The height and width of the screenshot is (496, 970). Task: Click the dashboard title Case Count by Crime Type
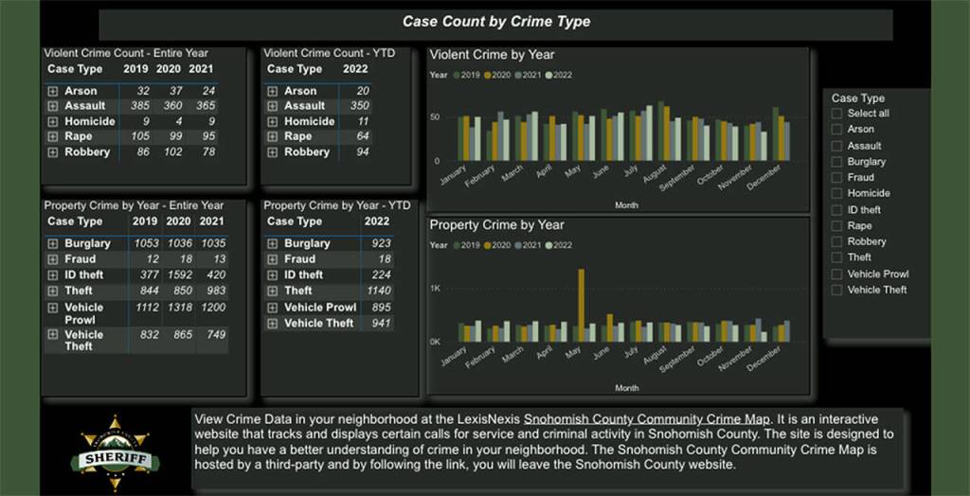(495, 22)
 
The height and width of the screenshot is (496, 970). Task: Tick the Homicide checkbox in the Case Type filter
(836, 193)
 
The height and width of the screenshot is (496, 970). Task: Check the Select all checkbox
(836, 114)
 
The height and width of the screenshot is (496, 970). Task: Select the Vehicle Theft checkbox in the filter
(836, 290)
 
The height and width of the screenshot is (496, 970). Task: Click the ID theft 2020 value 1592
(177, 275)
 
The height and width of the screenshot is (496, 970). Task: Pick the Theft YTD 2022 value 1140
(379, 291)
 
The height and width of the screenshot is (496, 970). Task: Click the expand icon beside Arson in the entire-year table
(53, 91)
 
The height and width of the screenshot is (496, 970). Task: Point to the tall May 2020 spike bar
(581, 303)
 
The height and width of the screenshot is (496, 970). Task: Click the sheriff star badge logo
(115, 453)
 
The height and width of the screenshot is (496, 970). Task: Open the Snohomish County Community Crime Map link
(648, 418)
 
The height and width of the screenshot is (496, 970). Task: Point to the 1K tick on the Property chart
(435, 288)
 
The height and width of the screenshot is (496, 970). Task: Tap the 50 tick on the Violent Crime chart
(435, 116)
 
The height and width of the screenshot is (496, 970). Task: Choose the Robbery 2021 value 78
(208, 151)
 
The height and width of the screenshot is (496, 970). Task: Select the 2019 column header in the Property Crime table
(145, 221)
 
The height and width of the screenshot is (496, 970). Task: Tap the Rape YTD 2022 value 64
(362, 136)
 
